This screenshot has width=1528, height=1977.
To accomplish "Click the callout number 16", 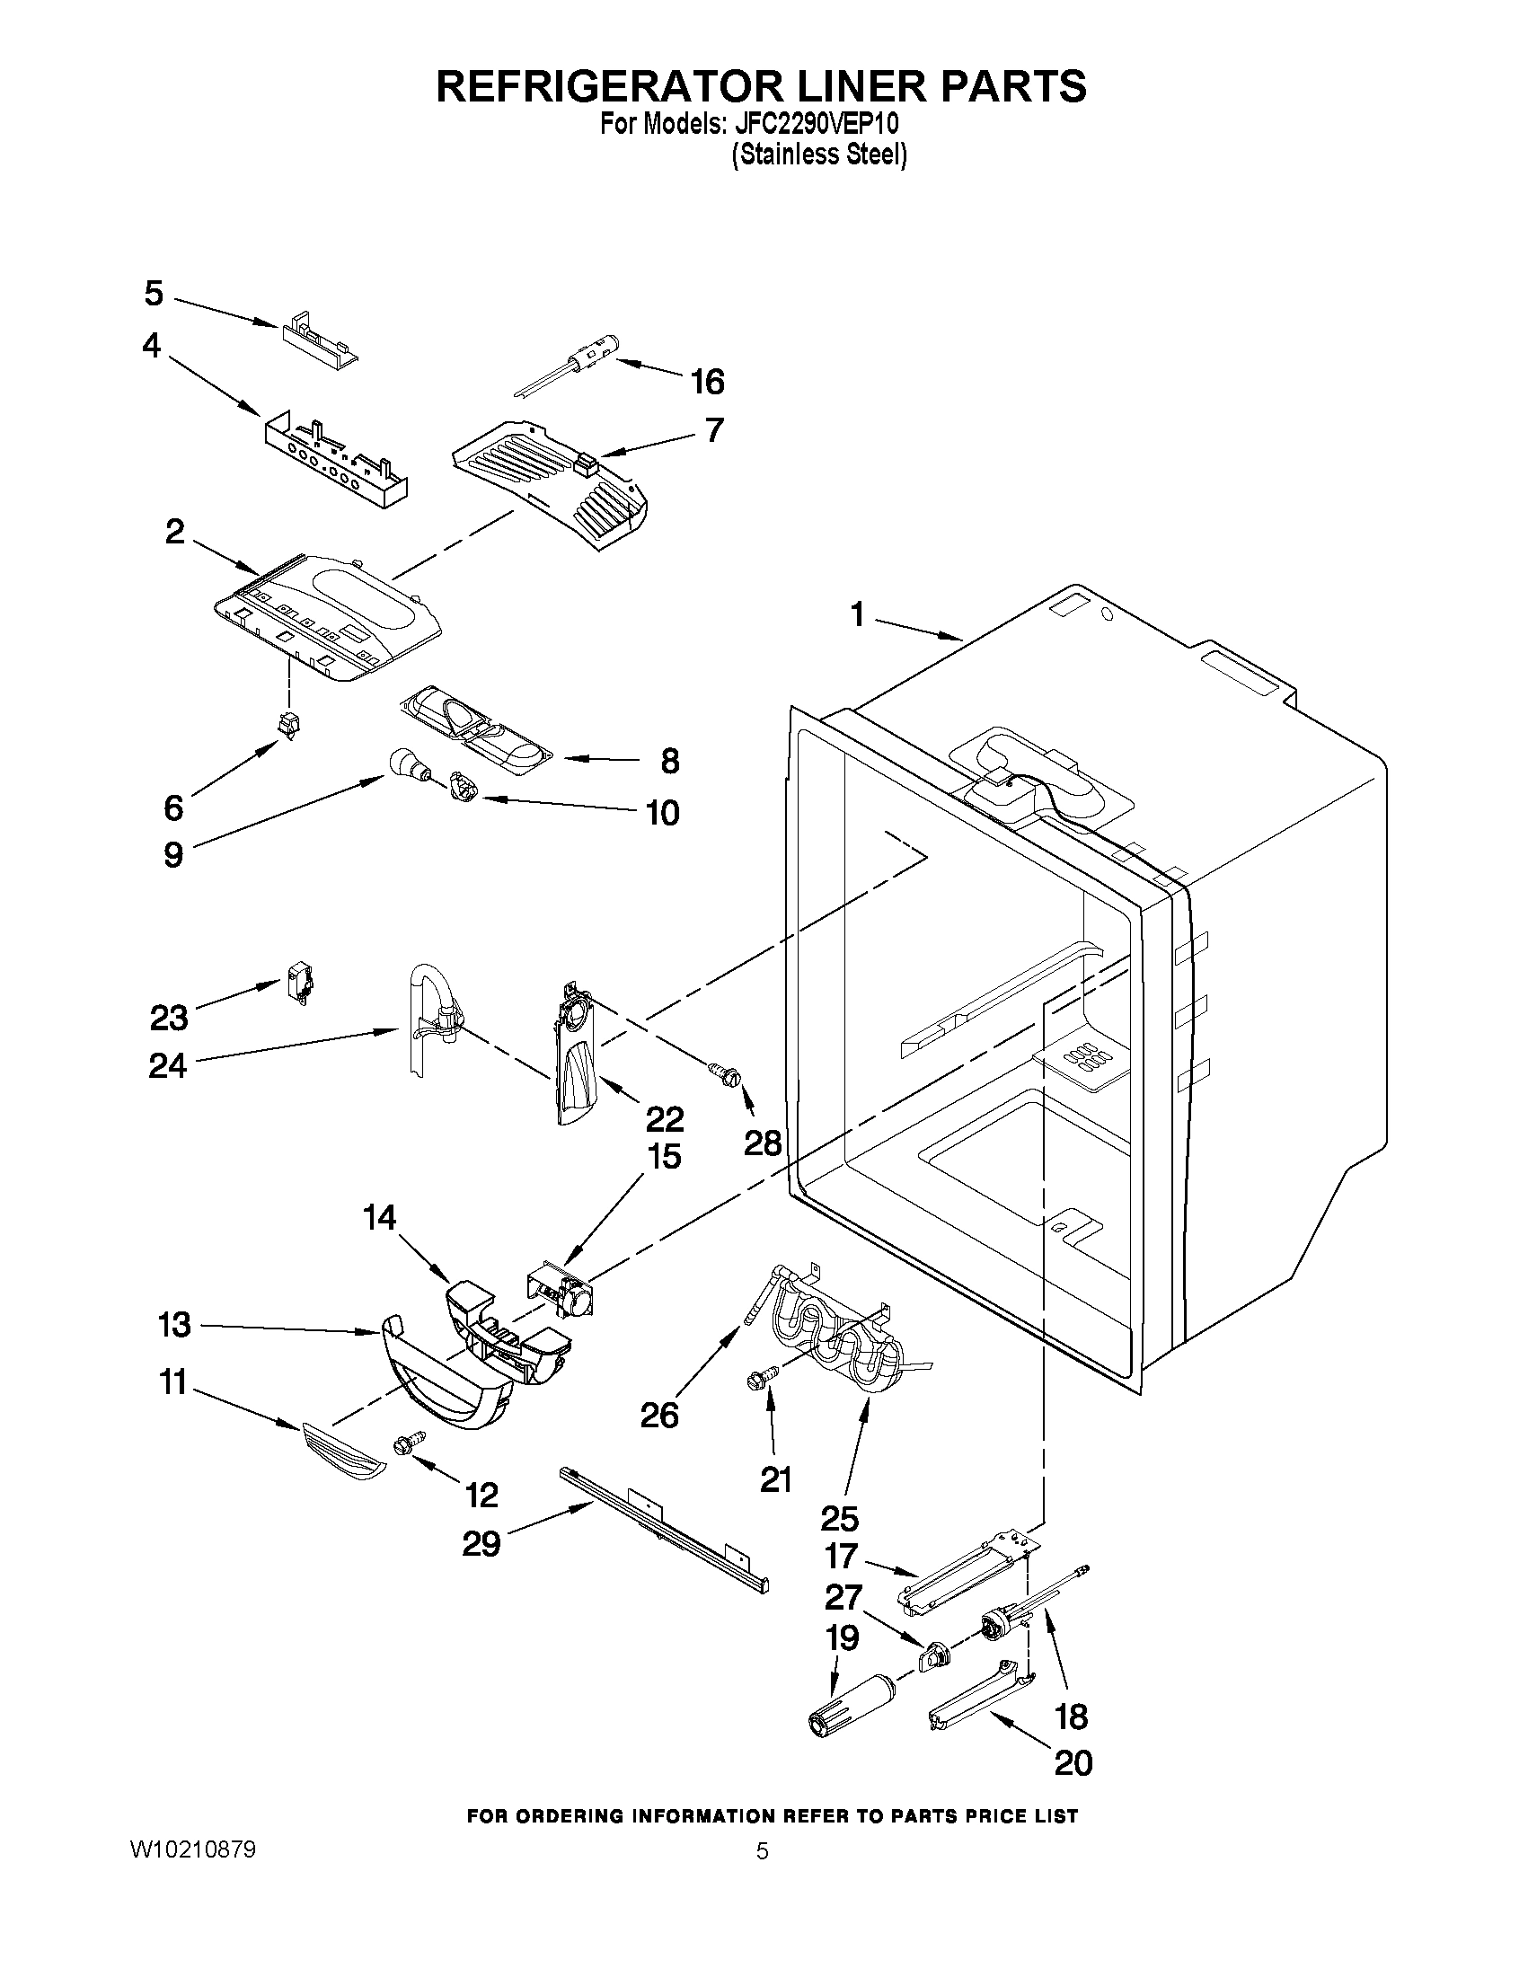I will (707, 382).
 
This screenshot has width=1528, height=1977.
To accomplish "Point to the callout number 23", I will (169, 1018).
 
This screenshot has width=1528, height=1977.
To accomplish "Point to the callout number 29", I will (481, 1543).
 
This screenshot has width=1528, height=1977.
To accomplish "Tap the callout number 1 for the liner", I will (856, 615).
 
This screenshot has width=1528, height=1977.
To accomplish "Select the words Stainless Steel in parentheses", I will (818, 155).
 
